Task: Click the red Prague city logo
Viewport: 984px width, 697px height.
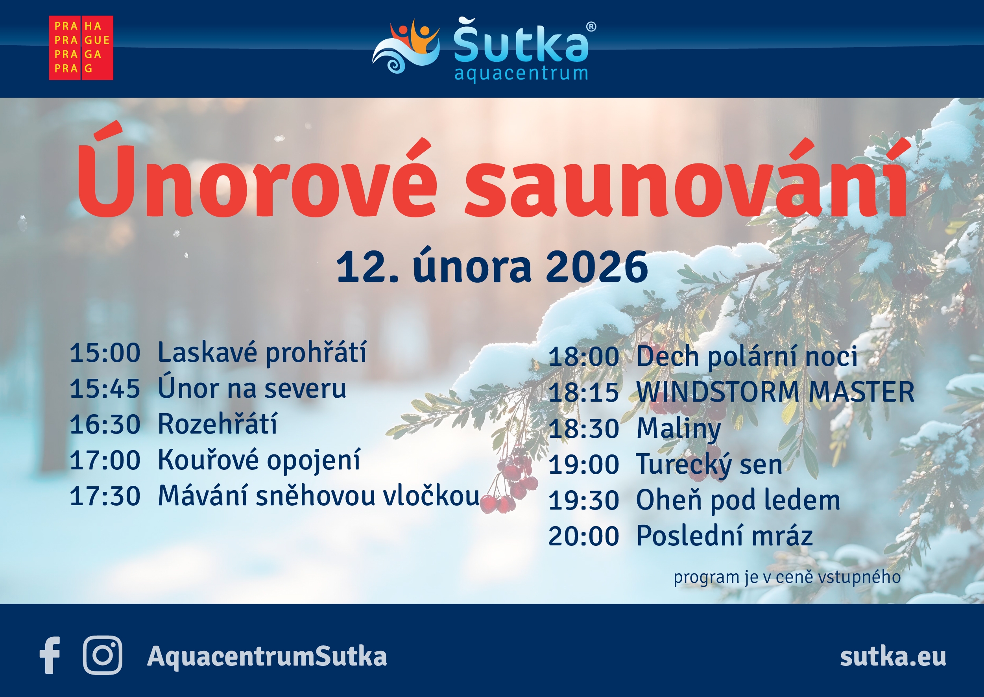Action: pos(81,48)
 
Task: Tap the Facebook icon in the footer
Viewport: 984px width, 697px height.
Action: pos(50,655)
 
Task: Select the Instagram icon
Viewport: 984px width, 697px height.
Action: pos(102,655)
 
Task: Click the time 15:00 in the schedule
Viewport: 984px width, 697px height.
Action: pos(105,353)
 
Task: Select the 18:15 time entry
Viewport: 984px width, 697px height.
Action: pos(583,392)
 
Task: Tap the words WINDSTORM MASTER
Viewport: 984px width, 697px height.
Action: pos(775,392)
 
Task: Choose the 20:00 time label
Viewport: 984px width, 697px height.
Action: pos(583,536)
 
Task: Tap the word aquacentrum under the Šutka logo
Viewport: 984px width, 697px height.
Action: pos(521,73)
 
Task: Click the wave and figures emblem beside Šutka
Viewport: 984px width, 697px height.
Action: pos(406,46)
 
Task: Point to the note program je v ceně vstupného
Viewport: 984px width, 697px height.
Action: pos(787,577)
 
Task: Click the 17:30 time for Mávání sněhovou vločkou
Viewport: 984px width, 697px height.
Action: pos(105,496)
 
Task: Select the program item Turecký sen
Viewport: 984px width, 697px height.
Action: pos(709,465)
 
